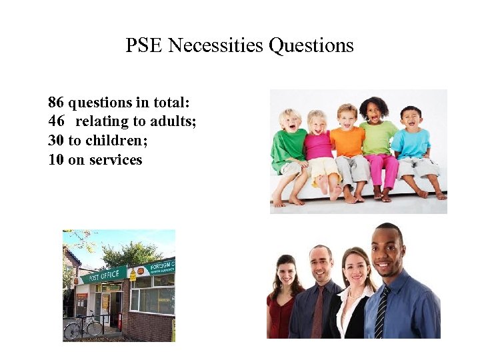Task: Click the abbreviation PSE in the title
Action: [x=145, y=45]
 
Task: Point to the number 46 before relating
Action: [x=56, y=121]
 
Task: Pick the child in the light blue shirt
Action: [x=411, y=143]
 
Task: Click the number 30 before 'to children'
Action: [x=56, y=141]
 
